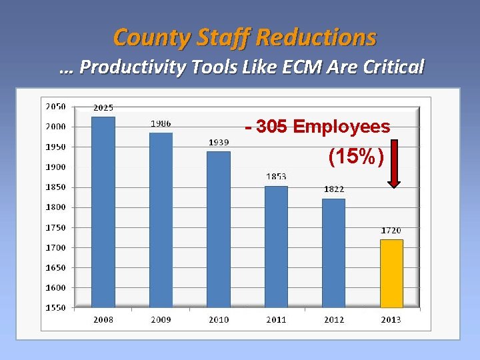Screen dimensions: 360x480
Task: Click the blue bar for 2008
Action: [103, 212]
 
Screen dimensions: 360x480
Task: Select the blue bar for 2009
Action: [161, 220]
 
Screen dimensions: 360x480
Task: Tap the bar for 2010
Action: [219, 229]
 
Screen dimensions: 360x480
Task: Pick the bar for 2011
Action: [276, 247]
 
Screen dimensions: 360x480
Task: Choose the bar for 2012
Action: [334, 253]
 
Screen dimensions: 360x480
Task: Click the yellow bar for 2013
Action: [391, 273]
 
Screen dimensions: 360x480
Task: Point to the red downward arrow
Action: [394, 163]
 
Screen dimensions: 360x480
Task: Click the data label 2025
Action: [103, 108]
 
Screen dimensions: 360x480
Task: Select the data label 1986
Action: [160, 123]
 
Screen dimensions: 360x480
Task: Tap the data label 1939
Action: [219, 142]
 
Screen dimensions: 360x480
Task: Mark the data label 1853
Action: [276, 177]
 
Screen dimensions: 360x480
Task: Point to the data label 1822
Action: [334, 189]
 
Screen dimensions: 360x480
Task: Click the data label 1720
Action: [391, 231]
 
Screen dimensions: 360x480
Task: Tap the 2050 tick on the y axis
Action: [55, 107]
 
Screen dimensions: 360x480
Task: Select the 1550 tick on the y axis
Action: [55, 308]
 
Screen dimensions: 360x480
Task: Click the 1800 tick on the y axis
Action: [55, 207]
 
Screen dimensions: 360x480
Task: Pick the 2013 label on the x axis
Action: [391, 320]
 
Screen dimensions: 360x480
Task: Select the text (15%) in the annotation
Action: [356, 157]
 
